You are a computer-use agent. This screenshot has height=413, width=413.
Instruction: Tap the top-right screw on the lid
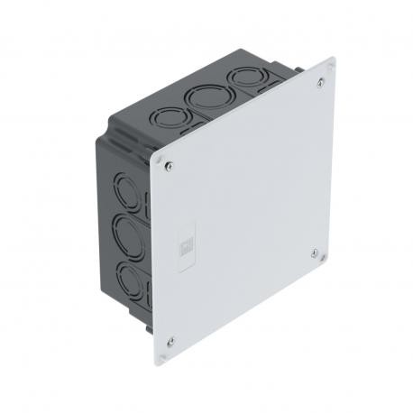coord(322,83)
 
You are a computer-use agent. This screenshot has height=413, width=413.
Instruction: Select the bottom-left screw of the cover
coord(170,341)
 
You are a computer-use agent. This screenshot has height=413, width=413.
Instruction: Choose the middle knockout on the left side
coord(126,235)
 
